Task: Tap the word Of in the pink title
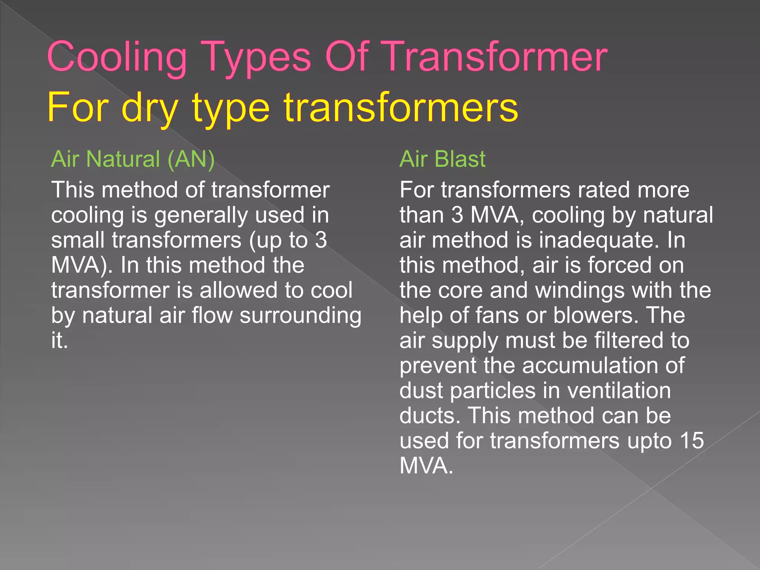pyautogui.click(x=347, y=56)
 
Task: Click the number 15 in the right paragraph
pyautogui.click(x=692, y=440)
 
